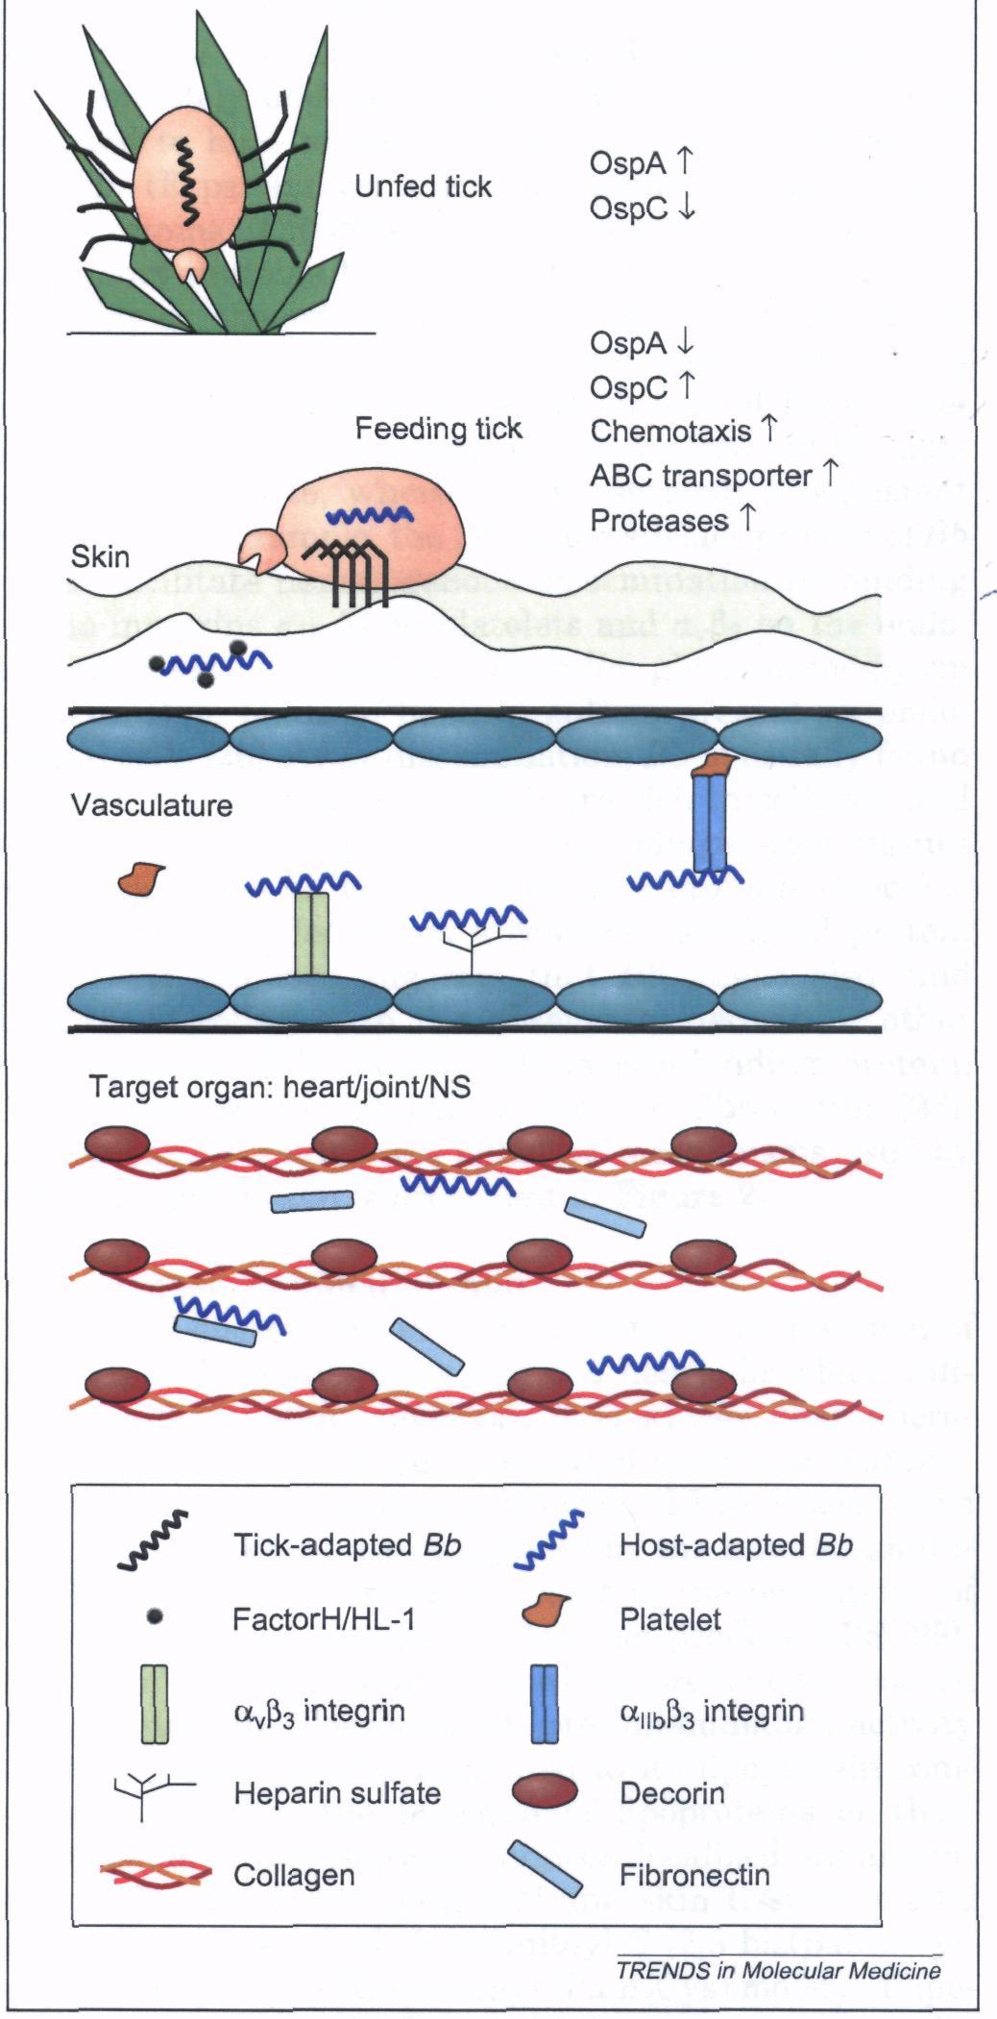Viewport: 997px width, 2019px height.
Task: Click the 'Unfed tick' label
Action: coord(423,186)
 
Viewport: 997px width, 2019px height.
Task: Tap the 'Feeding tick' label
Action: coord(438,429)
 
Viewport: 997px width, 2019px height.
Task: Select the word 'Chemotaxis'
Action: coord(670,431)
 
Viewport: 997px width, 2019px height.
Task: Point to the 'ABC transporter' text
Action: coord(701,476)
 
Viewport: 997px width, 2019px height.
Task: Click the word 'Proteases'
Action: coord(659,520)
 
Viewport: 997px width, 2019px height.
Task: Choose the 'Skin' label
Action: coord(100,557)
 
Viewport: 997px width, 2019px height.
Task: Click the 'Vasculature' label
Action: coord(152,804)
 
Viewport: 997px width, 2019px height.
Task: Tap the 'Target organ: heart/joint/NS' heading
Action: coord(280,1087)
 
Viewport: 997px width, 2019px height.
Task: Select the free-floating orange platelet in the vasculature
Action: coord(140,877)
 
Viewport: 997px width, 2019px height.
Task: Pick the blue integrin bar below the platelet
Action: coord(711,822)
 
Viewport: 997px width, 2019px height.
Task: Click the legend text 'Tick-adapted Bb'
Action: coord(347,1545)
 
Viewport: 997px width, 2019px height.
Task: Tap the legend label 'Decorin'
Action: coord(671,1793)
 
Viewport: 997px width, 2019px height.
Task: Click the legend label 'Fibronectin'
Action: coord(694,1875)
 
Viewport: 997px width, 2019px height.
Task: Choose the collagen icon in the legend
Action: coord(156,1874)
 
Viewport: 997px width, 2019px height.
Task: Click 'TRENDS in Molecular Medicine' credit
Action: coord(778,1971)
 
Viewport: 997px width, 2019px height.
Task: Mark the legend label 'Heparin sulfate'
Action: coord(336,1793)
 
